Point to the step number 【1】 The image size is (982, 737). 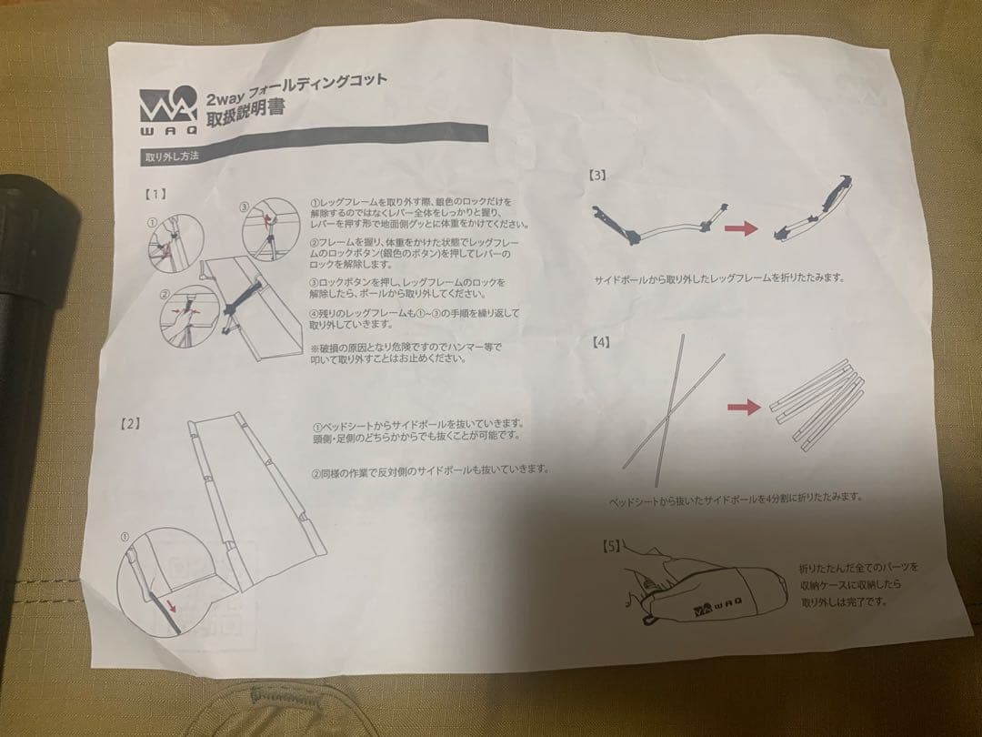154,195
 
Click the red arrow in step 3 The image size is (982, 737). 743,228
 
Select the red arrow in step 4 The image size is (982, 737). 745,408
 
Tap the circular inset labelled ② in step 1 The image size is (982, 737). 188,315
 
